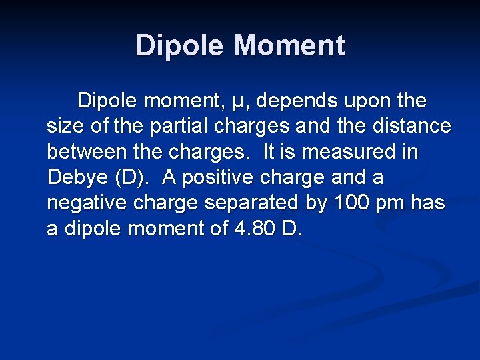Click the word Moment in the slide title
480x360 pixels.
[289, 46]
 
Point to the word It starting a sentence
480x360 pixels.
[270, 153]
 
